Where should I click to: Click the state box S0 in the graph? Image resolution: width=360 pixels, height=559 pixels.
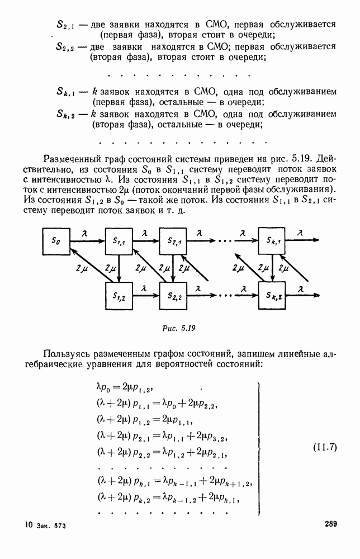(54, 241)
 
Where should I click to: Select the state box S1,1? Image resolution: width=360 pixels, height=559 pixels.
(119, 241)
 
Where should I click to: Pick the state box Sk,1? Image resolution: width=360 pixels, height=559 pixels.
(272, 241)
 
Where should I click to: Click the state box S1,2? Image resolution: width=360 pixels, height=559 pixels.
(119, 296)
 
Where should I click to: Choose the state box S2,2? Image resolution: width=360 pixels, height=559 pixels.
(173, 296)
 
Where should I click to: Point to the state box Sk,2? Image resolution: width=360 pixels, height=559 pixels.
(272, 296)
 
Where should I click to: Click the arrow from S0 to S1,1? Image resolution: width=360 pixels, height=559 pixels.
(85, 241)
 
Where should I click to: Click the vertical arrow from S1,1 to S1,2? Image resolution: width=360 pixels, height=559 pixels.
(119, 268)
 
